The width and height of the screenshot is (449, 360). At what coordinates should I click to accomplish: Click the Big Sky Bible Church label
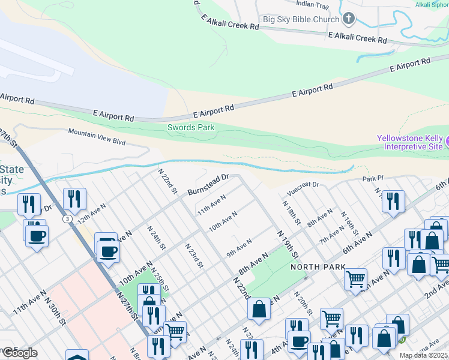tap(301, 19)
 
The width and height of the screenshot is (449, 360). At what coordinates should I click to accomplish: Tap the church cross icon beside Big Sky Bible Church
tap(349, 19)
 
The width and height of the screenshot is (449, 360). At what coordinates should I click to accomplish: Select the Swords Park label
tap(190, 127)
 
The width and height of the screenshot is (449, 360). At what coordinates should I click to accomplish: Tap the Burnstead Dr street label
tap(209, 184)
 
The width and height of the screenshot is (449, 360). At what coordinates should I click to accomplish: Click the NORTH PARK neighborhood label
tap(318, 267)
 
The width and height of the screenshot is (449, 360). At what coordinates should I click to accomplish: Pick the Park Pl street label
tap(372, 179)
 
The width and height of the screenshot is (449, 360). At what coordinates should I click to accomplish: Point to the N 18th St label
tap(291, 212)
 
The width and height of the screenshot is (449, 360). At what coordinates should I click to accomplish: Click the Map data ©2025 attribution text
tap(423, 355)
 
